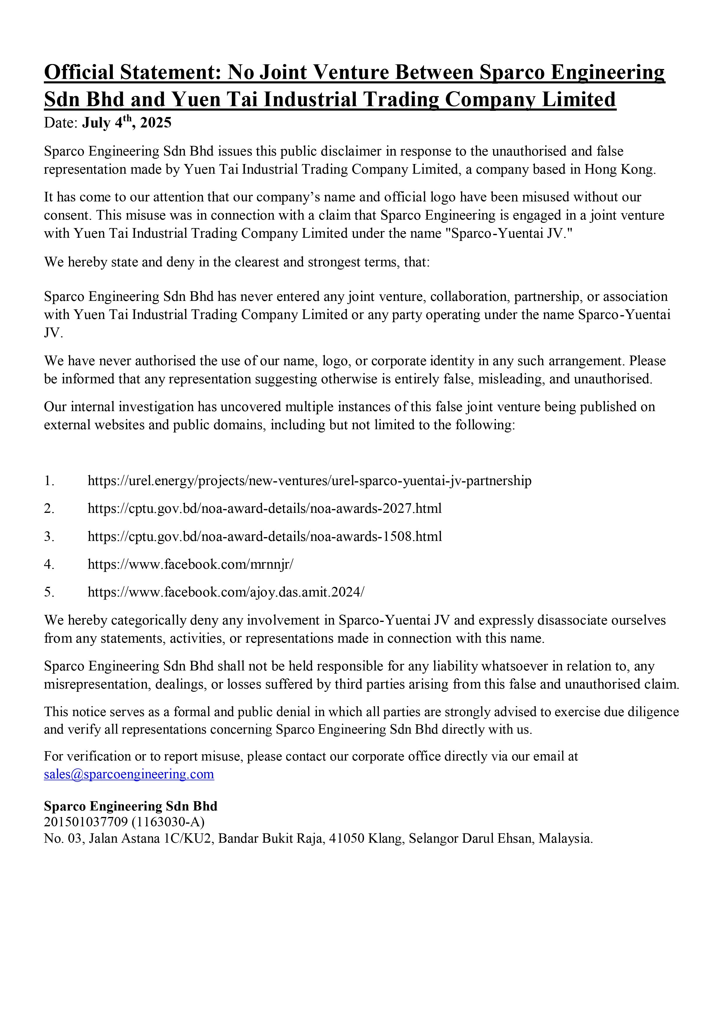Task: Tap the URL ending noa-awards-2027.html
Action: pos(265,508)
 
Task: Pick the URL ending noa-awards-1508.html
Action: pos(265,536)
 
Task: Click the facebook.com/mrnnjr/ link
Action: pos(190,564)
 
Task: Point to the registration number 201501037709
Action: pos(86,822)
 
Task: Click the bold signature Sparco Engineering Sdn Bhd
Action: pos(130,806)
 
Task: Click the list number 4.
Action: pos(49,564)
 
